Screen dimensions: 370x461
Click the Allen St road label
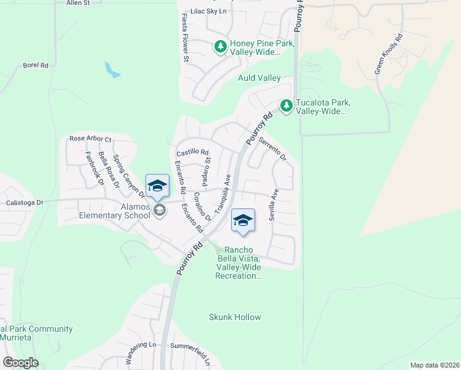77,3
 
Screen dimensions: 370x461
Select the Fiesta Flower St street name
184,38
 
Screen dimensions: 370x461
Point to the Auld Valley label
259,78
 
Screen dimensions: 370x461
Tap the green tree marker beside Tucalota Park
286,107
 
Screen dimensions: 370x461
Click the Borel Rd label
35,65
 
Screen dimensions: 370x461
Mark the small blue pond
112,70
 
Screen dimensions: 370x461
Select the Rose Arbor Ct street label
90,139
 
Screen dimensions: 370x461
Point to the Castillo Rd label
193,152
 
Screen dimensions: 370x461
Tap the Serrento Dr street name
272,149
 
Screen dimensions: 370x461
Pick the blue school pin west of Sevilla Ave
243,221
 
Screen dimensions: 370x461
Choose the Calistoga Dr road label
22,202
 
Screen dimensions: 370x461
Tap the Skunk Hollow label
235,317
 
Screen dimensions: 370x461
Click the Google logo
20,363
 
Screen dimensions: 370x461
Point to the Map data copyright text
434,365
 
